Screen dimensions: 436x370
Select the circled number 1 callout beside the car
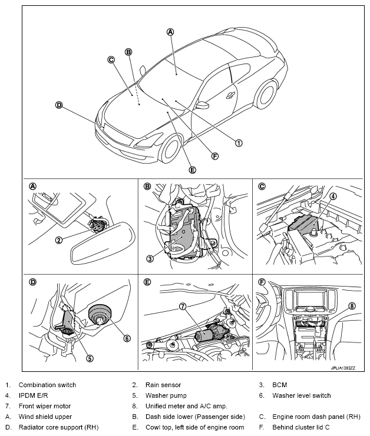point(239,142)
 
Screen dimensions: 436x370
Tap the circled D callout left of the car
point(58,105)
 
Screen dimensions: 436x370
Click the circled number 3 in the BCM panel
point(150,258)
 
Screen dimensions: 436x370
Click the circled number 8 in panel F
point(352,305)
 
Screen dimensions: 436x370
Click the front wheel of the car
point(174,148)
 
